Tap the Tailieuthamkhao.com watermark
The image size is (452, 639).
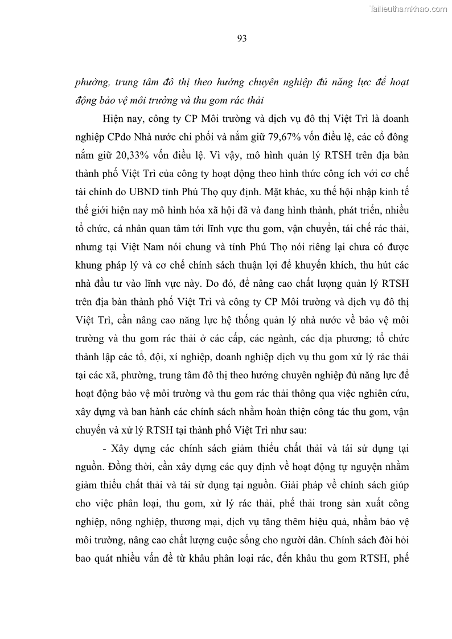[409, 9]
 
